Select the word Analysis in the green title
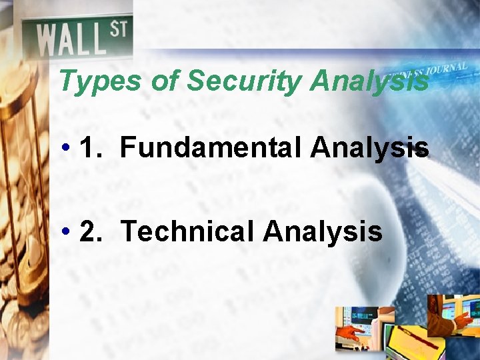coord(369,82)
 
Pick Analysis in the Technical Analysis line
coord(323,231)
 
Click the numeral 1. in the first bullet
coord(91,147)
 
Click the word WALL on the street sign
coord(71,39)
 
